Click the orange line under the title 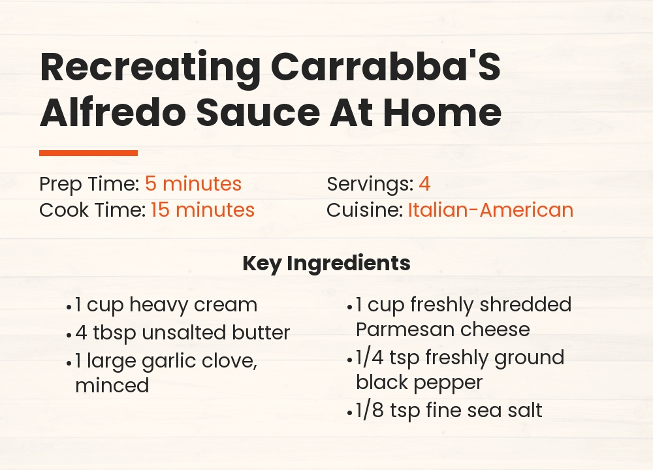coord(88,153)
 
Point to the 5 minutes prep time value coord(193,184)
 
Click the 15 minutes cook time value coord(202,210)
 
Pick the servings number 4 coord(424,184)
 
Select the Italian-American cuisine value coord(490,210)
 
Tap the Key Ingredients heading coord(326,263)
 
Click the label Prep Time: coord(89,184)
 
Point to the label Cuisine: coord(364,210)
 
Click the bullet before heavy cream coord(69,306)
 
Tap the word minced coord(112,385)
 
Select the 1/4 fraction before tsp coord(370,358)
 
